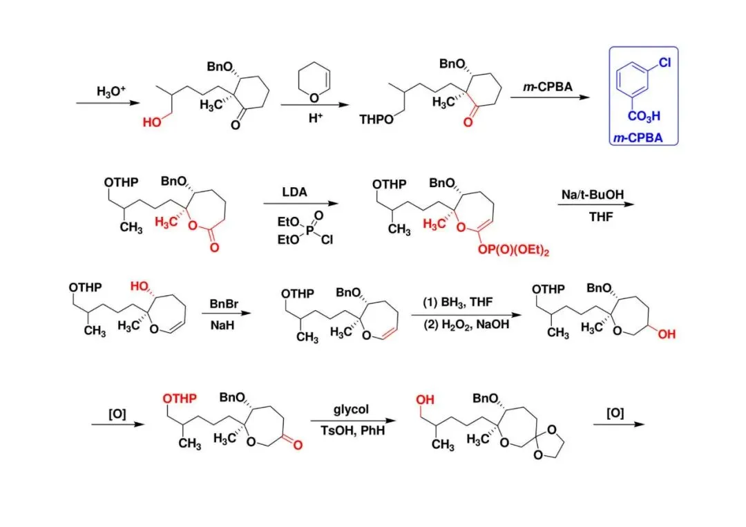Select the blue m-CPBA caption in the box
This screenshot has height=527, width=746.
(x=638, y=138)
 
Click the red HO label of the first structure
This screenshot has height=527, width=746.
(x=152, y=122)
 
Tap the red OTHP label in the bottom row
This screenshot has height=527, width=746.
(x=180, y=399)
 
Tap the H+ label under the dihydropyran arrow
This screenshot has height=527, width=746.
(x=315, y=117)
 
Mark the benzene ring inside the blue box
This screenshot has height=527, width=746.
(x=636, y=83)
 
